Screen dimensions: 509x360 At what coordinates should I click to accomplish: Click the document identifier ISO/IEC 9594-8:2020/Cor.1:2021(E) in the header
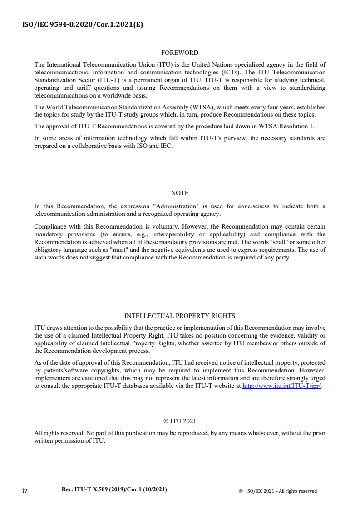(83, 25)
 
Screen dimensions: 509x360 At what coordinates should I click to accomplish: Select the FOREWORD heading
(180, 53)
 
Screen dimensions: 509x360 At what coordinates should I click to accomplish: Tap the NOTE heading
(180, 193)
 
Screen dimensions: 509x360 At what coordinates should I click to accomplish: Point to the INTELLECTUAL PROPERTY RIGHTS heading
(180, 316)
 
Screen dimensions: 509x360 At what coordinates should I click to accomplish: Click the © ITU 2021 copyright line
(180, 421)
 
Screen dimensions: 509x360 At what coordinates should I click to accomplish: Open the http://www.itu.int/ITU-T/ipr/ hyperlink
(282, 387)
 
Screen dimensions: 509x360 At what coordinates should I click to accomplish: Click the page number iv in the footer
(25, 490)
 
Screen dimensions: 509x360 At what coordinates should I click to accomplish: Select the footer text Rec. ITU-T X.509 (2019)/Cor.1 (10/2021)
(114, 490)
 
